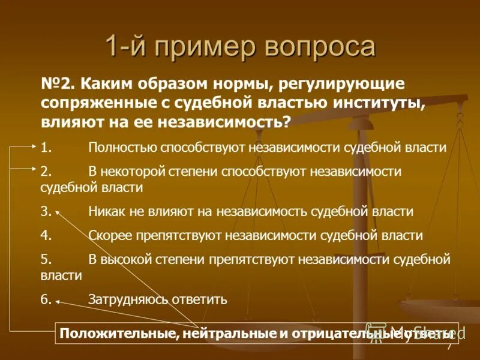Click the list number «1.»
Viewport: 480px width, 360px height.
coord(46,147)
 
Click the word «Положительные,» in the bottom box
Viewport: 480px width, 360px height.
coord(113,333)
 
